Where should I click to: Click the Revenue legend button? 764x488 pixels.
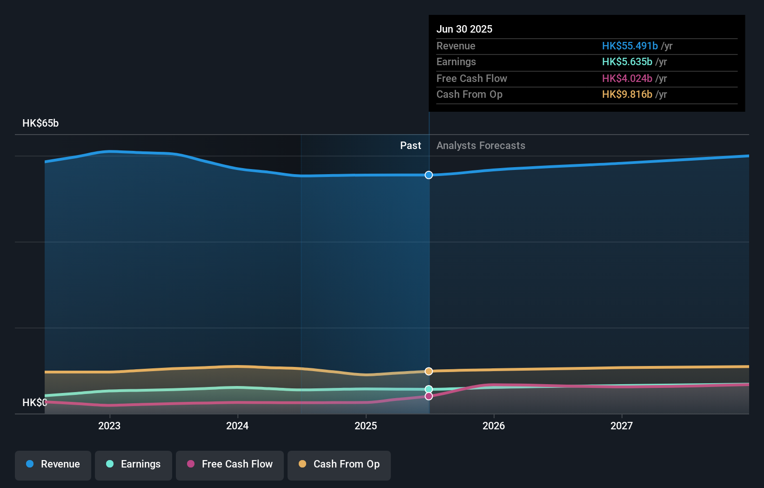pos(53,465)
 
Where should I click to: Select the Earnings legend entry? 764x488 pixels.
pos(134,465)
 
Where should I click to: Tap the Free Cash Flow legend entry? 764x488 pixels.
pos(230,465)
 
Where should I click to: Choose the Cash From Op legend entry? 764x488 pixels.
pos(339,465)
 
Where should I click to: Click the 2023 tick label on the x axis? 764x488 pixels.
pos(109,426)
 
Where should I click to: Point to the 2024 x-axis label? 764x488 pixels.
pos(237,426)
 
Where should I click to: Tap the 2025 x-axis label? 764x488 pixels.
pos(366,426)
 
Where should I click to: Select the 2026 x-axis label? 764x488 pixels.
pos(494,426)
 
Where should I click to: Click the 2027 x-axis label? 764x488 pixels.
pos(622,426)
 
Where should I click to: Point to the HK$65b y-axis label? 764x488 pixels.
pos(40,123)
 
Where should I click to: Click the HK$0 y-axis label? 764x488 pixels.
pos(34,402)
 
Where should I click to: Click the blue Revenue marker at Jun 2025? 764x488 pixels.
pos(429,175)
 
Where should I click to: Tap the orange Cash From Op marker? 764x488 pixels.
pos(429,371)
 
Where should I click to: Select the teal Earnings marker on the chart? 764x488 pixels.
pos(429,389)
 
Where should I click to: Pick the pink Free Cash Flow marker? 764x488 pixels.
pos(429,396)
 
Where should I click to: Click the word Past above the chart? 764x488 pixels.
pos(410,146)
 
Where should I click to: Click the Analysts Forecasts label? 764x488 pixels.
pos(481,146)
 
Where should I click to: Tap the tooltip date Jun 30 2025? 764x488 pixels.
pos(464,29)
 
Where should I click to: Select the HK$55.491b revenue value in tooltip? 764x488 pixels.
pos(630,46)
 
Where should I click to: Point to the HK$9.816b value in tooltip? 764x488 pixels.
pos(627,95)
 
